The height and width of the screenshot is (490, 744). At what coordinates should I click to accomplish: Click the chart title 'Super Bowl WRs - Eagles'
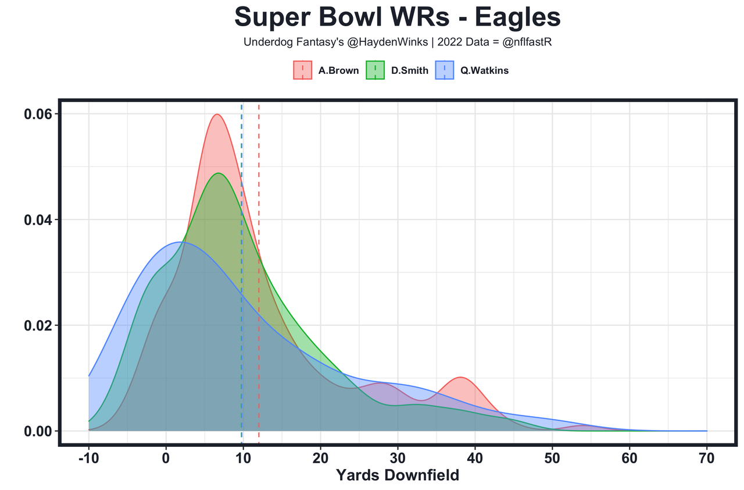(398, 17)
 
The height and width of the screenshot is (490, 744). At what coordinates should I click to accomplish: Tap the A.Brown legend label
(338, 71)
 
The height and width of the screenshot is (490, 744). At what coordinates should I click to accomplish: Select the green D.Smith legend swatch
(375, 70)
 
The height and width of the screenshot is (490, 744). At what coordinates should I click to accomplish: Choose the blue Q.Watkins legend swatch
(445, 70)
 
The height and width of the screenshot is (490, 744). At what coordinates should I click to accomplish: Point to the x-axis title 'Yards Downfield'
(398, 475)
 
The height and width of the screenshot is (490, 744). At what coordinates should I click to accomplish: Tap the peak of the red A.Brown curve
(217, 114)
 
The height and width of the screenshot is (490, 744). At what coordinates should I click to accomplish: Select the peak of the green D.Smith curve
(219, 173)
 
